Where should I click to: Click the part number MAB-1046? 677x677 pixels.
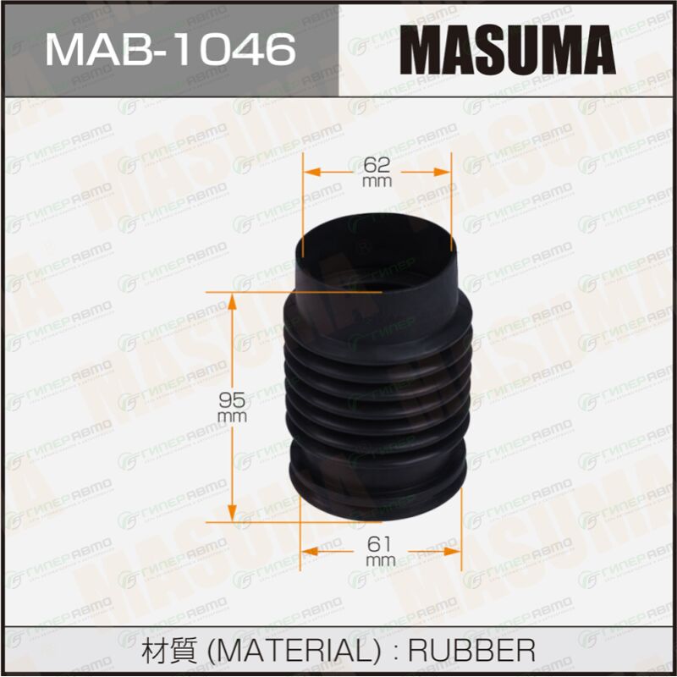171,50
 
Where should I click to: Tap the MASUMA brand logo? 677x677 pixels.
507,50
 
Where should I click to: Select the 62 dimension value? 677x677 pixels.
377,164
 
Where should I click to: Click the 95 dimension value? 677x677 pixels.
232,400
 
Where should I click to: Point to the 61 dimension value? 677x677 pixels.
380,544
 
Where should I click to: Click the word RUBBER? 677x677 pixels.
471,650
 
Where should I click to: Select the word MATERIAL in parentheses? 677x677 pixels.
294,650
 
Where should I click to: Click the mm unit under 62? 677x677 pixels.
377,181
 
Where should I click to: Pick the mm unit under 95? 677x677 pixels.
232,416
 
